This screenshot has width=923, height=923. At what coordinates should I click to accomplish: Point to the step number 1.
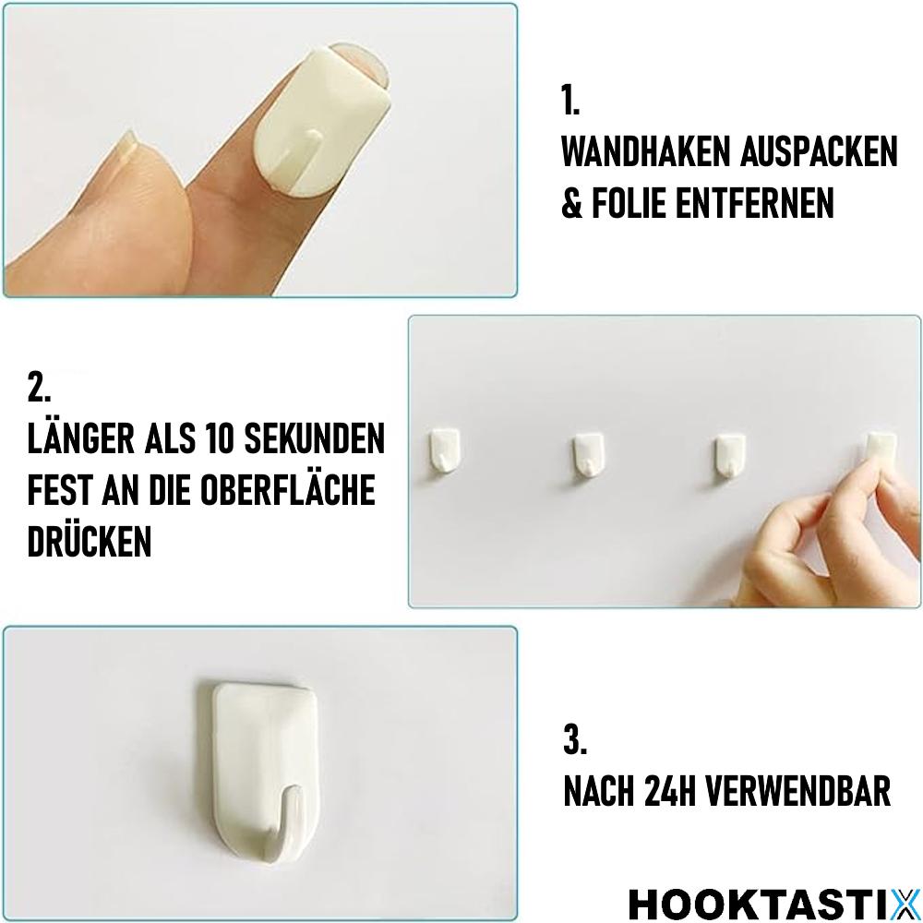(x=570, y=101)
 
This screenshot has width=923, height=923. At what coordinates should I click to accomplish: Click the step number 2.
(x=39, y=388)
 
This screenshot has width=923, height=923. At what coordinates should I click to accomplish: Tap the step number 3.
(x=574, y=740)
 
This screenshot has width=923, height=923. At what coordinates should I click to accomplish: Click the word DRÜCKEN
(x=90, y=542)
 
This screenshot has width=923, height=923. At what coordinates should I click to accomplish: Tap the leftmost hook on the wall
(x=445, y=450)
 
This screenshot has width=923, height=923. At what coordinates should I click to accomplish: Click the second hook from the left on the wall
(x=587, y=455)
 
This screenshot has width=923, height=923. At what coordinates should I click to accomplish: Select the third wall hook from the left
(x=731, y=455)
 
